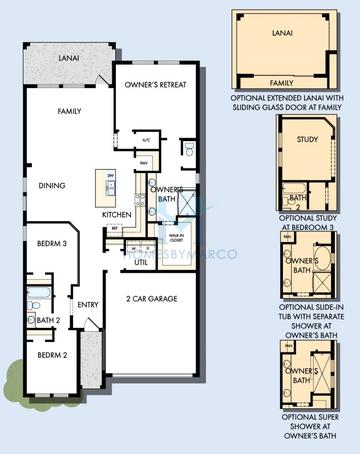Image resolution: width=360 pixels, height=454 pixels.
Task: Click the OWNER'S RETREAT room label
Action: click(162, 87)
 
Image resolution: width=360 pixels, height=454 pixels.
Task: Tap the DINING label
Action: click(53, 185)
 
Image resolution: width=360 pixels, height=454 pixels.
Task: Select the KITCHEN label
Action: click(117, 215)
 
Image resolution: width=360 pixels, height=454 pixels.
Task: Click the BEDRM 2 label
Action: click(52, 355)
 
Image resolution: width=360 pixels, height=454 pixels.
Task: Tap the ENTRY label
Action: click(88, 305)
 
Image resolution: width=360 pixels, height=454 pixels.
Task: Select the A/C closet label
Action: click(145, 139)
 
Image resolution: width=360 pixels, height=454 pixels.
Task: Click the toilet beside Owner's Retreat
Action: click(188, 151)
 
